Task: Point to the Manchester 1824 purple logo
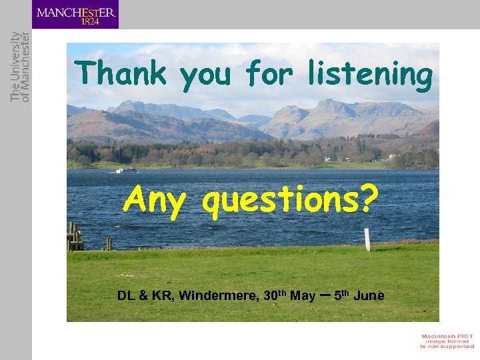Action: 75,15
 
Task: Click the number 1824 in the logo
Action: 89,21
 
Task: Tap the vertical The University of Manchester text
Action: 21,66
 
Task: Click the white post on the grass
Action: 367,239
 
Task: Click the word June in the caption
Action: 369,295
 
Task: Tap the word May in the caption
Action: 303,295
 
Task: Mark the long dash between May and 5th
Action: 325,294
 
